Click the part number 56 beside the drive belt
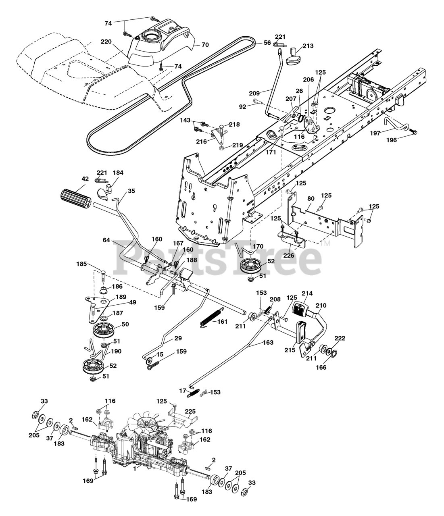point(267,43)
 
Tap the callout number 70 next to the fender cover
point(205,45)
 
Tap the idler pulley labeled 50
point(103,330)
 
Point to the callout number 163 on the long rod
point(268,343)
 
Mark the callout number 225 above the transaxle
point(190,411)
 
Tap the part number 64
point(106,240)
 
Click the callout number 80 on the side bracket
point(311,199)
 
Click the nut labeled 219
point(221,148)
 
